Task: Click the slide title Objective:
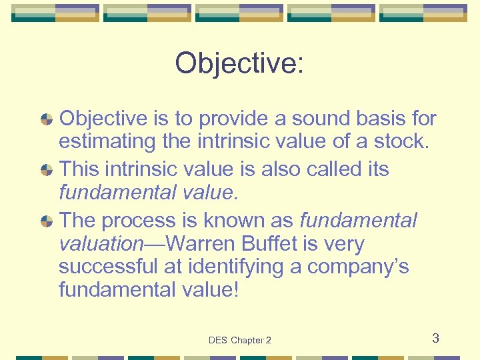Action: click(239, 63)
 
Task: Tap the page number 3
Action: click(435, 338)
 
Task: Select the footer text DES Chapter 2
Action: click(239, 340)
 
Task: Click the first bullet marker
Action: click(47, 120)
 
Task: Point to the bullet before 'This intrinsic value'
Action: click(47, 170)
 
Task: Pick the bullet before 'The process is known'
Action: click(47, 220)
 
